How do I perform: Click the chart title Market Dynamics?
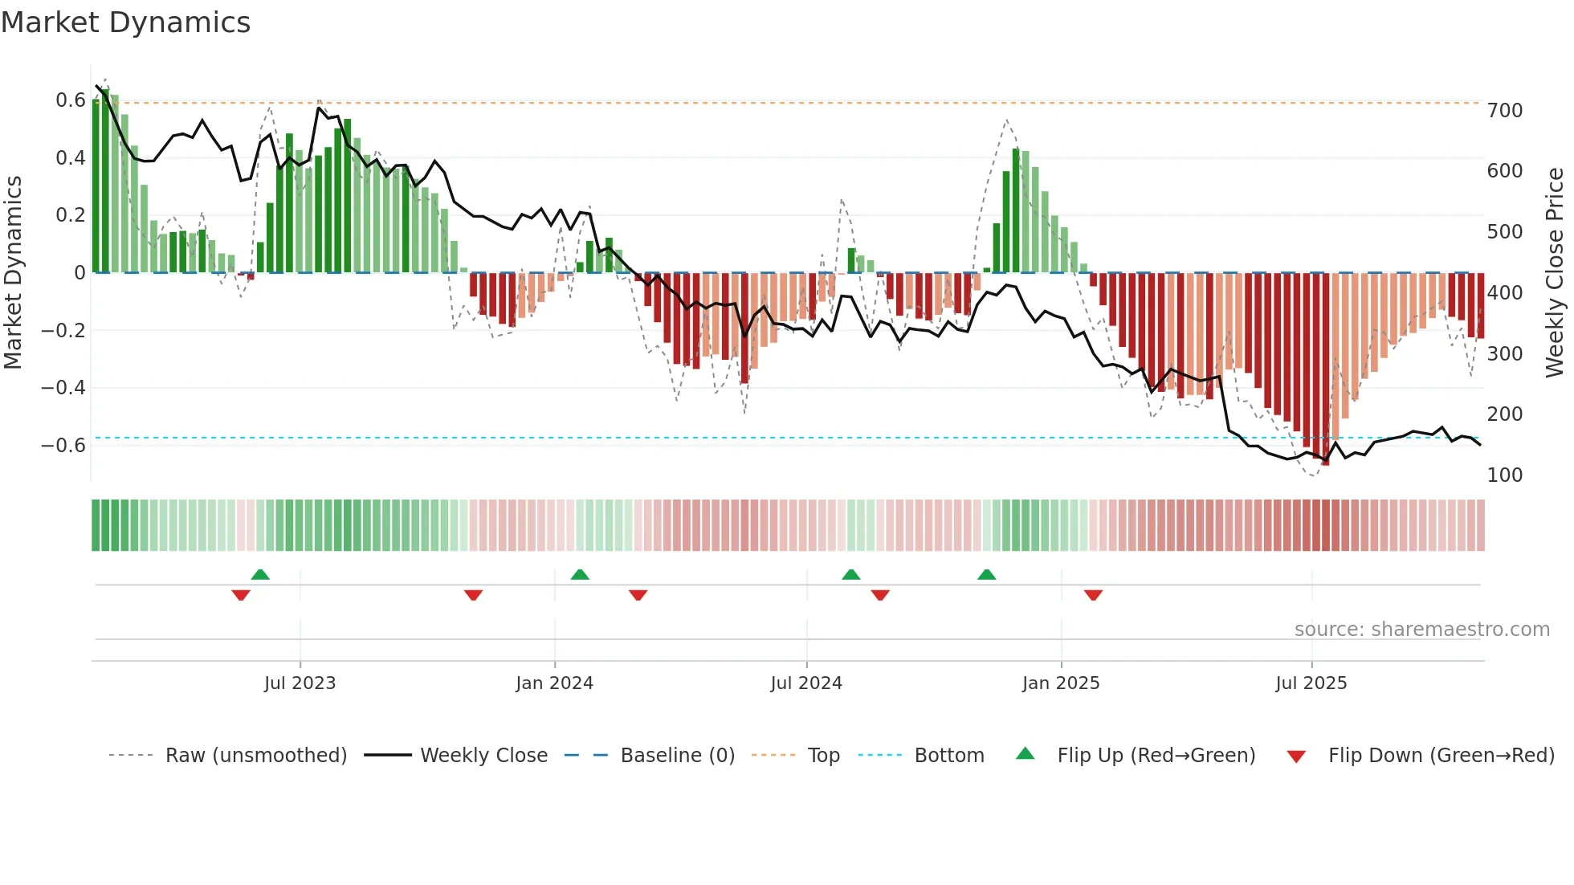pyautogui.click(x=125, y=22)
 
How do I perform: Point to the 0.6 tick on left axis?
pyautogui.click(x=71, y=100)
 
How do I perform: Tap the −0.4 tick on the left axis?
pyautogui.click(x=63, y=388)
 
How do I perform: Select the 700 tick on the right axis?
pyautogui.click(x=1505, y=111)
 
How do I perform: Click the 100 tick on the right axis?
pyautogui.click(x=1505, y=475)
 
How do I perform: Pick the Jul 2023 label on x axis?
pyautogui.click(x=300, y=683)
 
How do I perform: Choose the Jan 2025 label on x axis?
pyautogui.click(x=1060, y=683)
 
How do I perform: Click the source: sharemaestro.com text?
pyautogui.click(x=1421, y=630)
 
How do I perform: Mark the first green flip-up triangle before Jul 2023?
pyautogui.click(x=260, y=575)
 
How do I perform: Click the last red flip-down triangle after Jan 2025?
pyautogui.click(x=1093, y=595)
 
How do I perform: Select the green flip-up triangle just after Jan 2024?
pyautogui.click(x=580, y=575)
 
